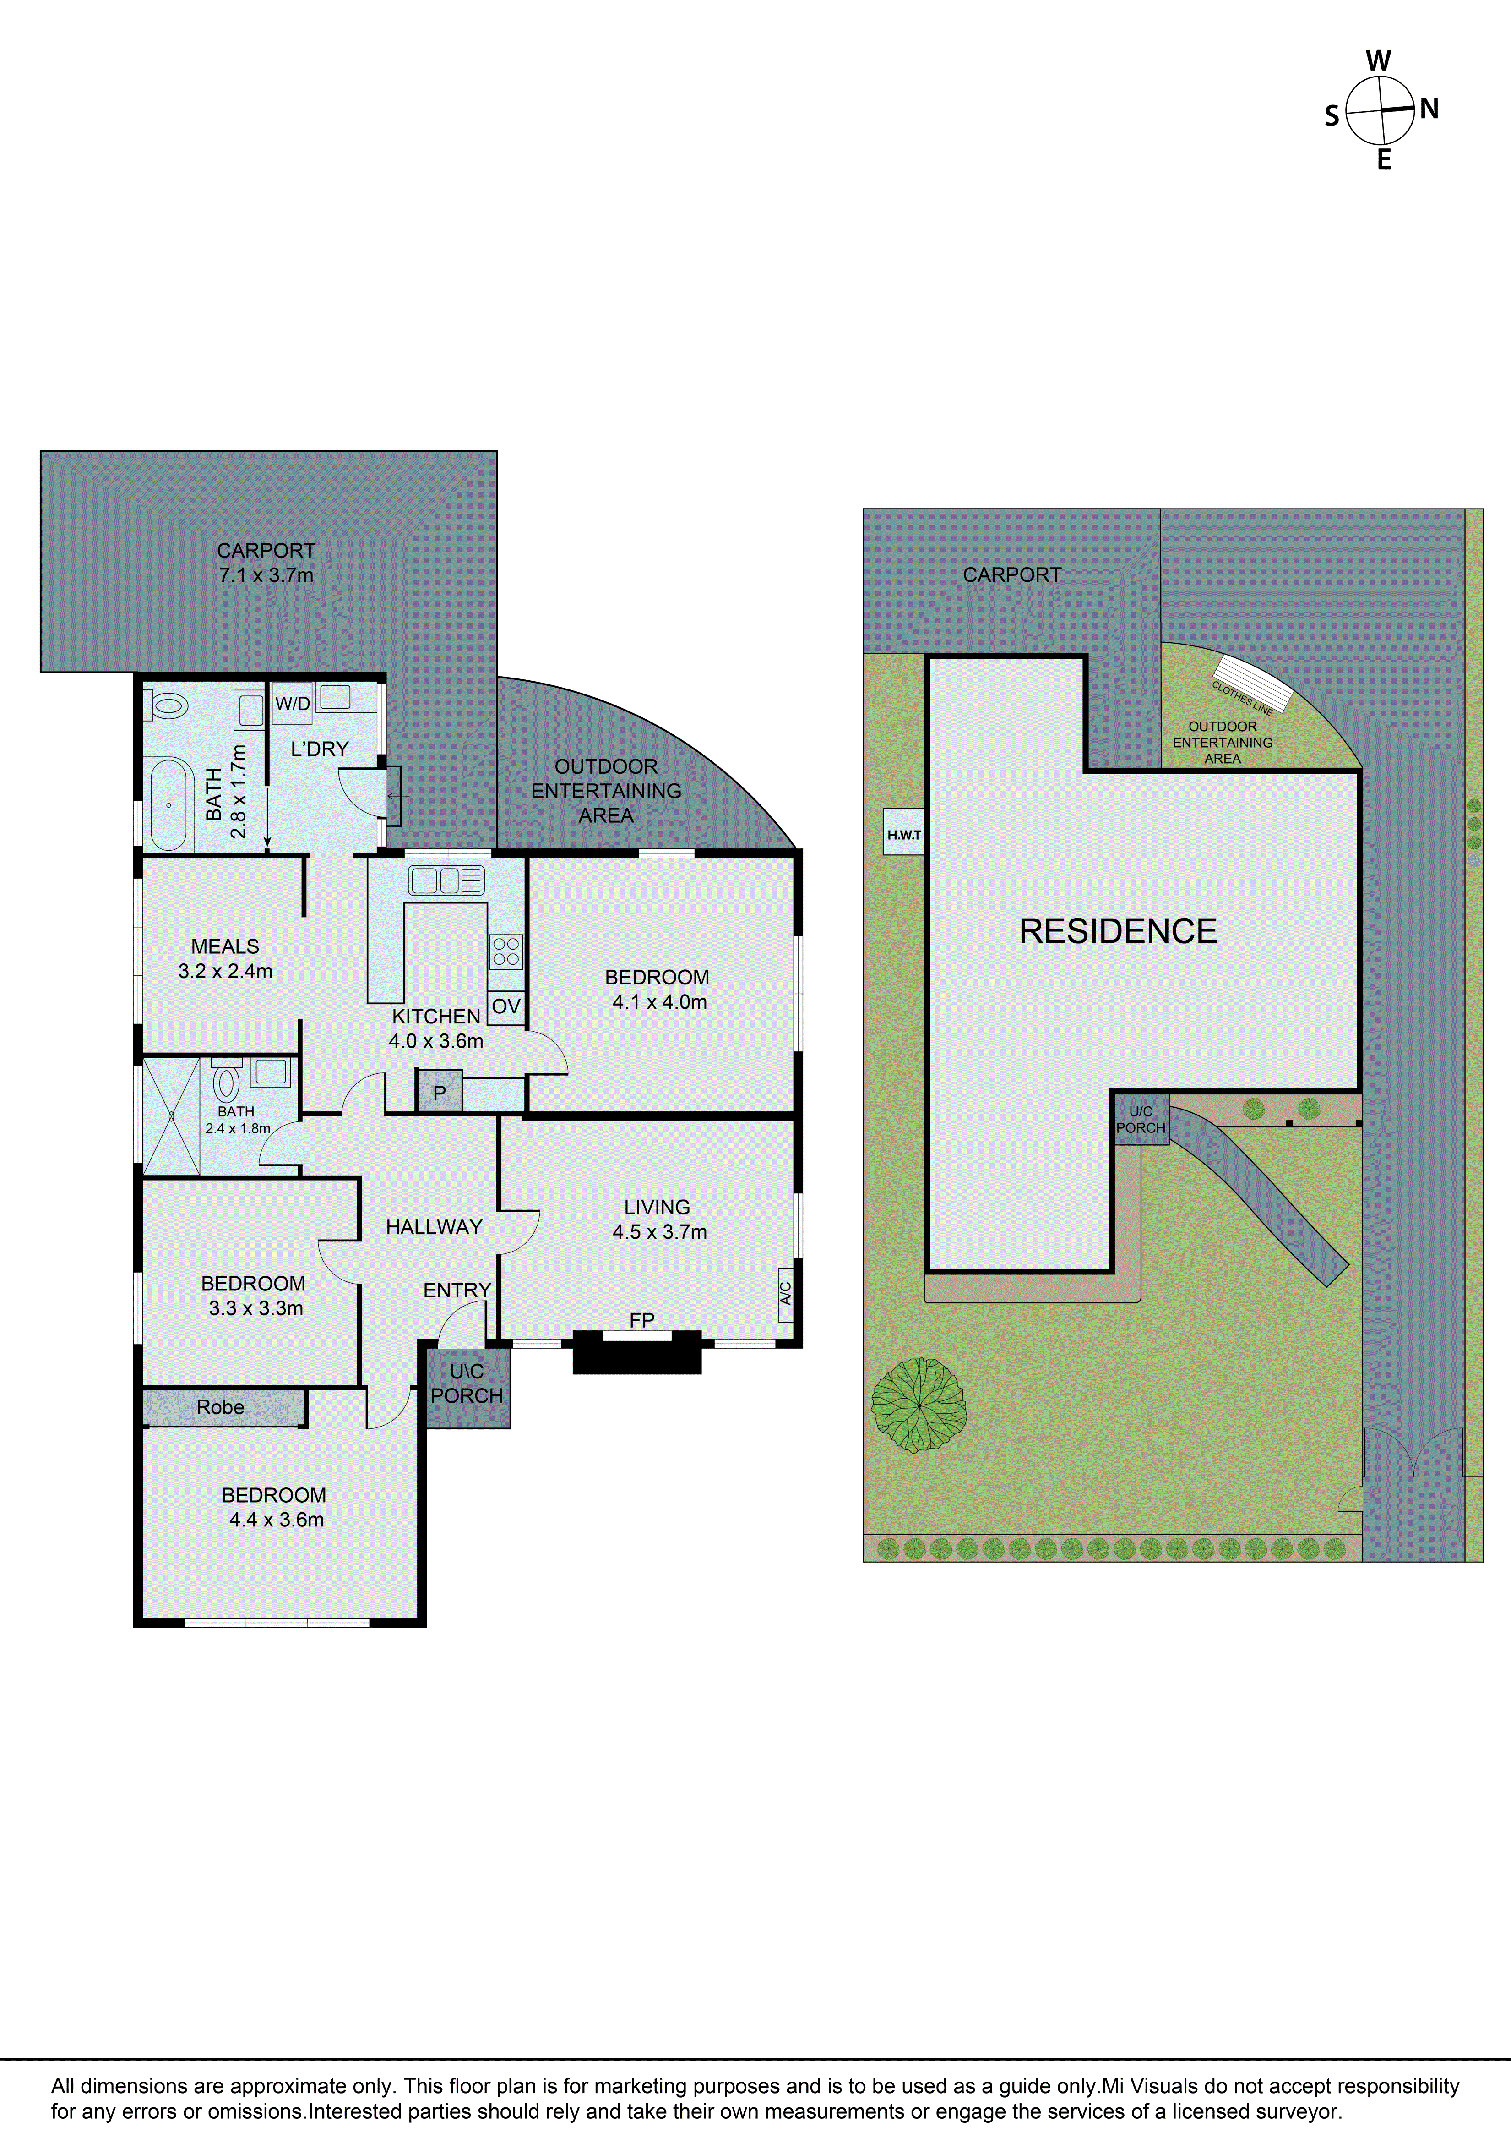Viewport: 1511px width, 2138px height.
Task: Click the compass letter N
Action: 1429,109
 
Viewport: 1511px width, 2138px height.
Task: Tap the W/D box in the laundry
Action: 292,704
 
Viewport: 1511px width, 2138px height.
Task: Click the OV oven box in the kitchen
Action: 505,1006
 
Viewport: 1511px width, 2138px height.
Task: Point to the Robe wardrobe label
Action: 221,1407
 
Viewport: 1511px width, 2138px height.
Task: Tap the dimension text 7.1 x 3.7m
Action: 266,575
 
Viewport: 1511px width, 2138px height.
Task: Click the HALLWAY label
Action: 434,1227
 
